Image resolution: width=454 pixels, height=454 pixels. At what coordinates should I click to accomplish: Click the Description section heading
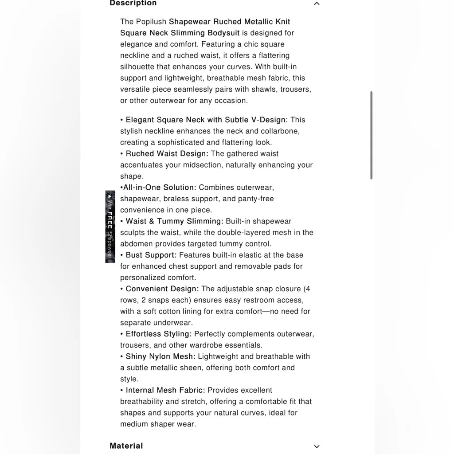133,4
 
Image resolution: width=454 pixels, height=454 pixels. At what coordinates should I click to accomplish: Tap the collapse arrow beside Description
317,4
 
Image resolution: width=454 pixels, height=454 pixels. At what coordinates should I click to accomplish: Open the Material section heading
126,446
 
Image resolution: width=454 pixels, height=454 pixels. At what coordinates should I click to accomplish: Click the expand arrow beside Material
317,446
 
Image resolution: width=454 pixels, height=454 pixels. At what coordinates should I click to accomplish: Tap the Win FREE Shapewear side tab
110,227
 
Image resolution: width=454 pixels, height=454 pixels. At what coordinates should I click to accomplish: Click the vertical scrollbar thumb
371,135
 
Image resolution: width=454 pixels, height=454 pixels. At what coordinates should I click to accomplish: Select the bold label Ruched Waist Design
167,154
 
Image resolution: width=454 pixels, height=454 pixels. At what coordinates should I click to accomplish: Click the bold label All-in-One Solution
159,188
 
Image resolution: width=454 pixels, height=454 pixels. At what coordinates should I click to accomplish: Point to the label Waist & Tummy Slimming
174,221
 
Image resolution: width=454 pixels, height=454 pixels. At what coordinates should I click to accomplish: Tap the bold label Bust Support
151,255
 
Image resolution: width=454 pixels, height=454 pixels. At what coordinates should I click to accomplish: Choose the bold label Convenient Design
162,289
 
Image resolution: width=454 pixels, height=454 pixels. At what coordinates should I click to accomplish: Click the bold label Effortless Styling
158,334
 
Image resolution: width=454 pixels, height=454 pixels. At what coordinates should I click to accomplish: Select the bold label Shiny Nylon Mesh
160,356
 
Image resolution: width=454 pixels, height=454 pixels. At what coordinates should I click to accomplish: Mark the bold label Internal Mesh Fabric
165,390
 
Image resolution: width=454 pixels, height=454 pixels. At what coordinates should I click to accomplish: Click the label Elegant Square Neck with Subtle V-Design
207,120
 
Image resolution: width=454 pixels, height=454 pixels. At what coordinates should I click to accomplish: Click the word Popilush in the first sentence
151,22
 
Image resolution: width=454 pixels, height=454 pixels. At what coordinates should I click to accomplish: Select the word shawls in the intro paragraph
264,89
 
